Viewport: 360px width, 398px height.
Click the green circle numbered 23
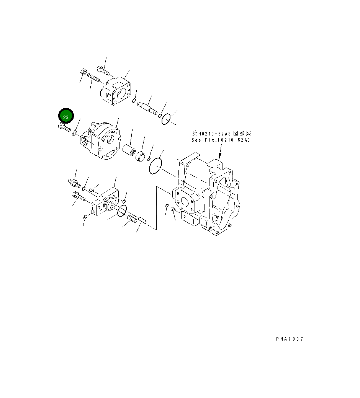pyautogui.click(x=65, y=116)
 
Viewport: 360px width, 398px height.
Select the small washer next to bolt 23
pyautogui.click(x=74, y=133)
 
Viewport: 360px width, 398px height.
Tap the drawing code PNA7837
pyautogui.click(x=289, y=339)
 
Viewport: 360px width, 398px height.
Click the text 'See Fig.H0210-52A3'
pyautogui.click(x=221, y=140)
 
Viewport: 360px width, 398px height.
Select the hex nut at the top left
pyautogui.click(x=83, y=72)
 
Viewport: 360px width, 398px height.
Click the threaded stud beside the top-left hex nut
pyautogui.click(x=93, y=78)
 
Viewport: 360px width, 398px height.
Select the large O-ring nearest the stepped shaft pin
pyautogui.click(x=165, y=119)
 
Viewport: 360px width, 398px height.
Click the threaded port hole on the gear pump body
pyautogui.click(x=84, y=142)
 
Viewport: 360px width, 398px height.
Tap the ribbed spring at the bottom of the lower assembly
pyautogui.click(x=132, y=219)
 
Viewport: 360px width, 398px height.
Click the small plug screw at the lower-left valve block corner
pyautogui.click(x=85, y=217)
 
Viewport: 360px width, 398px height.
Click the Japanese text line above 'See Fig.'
pyautogui.click(x=221, y=134)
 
